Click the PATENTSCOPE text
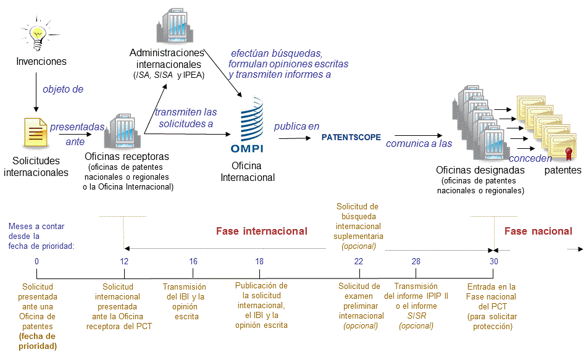click(351, 137)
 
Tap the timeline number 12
click(124, 261)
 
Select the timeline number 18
click(259, 261)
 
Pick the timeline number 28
click(416, 261)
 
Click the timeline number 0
click(36, 261)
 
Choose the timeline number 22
click(358, 261)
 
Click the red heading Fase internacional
click(261, 232)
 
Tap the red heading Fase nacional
click(538, 232)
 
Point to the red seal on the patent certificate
click(569, 153)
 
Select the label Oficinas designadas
click(480, 170)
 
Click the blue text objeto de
click(63, 90)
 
